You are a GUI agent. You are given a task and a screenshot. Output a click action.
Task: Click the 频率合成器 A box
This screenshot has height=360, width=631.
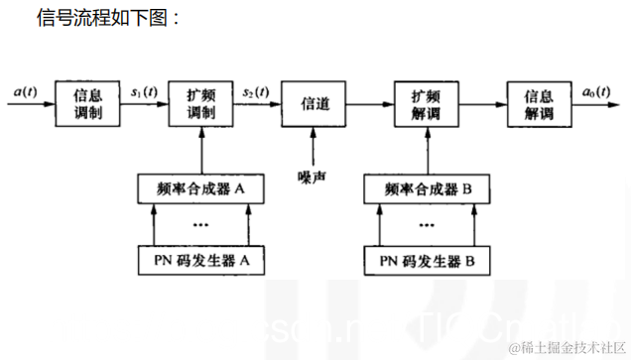pyautogui.click(x=201, y=188)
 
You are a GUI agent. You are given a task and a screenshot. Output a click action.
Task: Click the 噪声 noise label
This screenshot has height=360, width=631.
pyautogui.click(x=314, y=178)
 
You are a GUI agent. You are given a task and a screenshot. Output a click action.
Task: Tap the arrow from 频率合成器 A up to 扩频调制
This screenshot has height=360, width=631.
pyautogui.click(x=201, y=151)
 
